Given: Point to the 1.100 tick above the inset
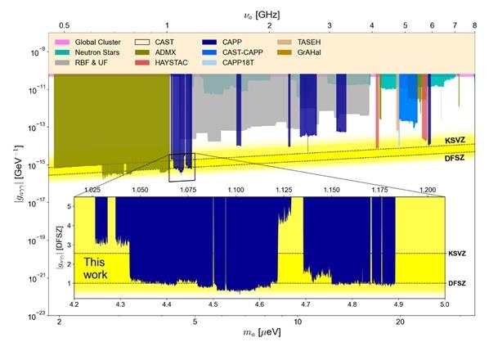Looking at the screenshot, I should (236, 190).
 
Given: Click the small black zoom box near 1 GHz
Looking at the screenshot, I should (182, 167).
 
